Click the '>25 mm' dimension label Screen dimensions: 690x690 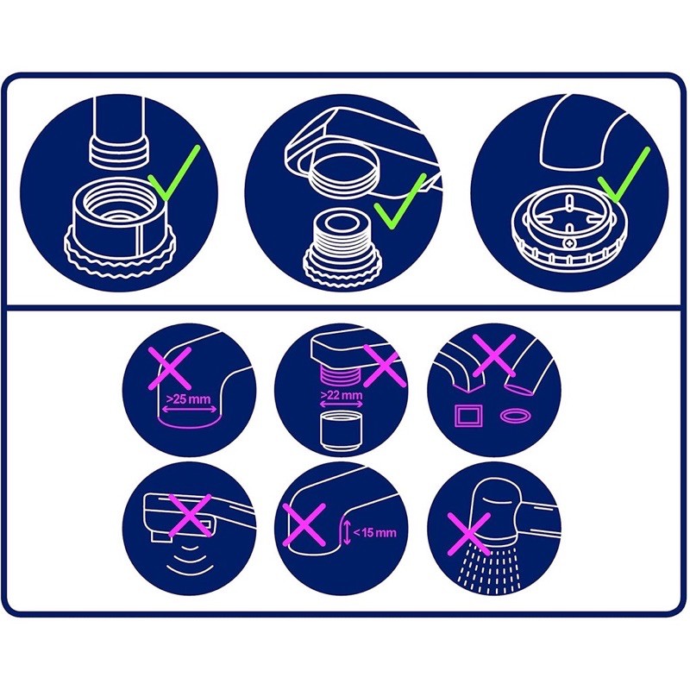coord(188,399)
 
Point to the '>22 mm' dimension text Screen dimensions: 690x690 coord(341,395)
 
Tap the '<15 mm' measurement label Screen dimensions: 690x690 coord(374,532)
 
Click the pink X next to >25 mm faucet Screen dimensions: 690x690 coord(170,368)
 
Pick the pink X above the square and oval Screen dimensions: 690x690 coord(493,355)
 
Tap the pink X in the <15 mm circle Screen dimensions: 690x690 coord(304,524)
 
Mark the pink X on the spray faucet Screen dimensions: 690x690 coord(468,534)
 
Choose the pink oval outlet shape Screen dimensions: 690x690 coord(516,415)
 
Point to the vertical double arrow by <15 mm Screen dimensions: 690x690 coord(348,532)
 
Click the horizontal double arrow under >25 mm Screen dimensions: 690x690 coord(189,409)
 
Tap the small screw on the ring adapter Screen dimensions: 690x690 coord(570,243)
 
